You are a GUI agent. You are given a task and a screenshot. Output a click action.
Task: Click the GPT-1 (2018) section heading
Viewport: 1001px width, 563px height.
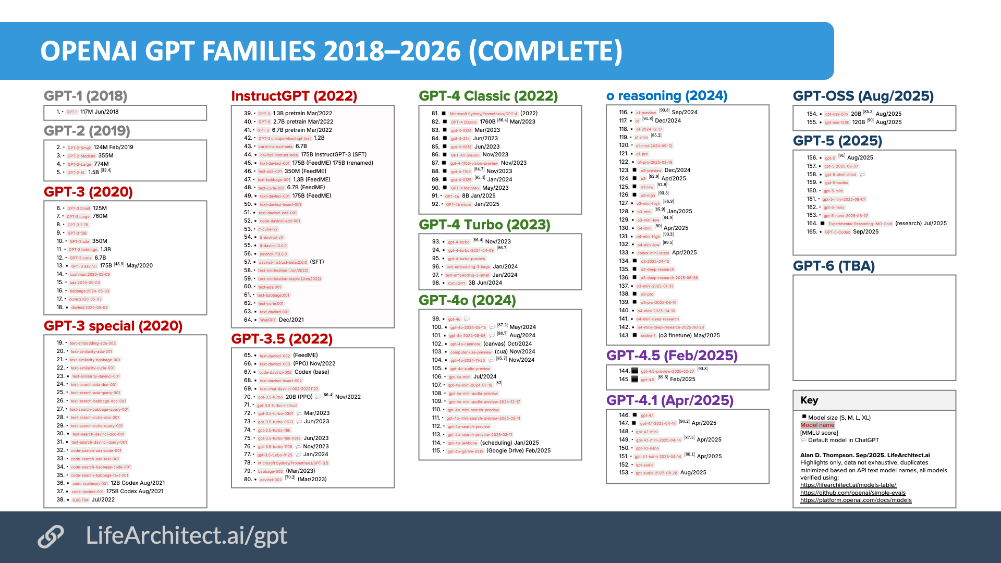(x=86, y=96)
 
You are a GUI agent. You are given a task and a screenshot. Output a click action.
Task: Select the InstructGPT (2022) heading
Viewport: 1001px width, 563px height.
(x=294, y=96)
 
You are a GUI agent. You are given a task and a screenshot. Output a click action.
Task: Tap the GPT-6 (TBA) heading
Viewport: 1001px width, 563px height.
(x=834, y=266)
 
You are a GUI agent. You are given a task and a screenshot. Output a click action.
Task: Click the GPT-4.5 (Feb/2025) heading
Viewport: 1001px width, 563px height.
(x=672, y=356)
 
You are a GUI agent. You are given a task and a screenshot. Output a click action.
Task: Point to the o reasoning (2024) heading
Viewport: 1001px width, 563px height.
(x=667, y=96)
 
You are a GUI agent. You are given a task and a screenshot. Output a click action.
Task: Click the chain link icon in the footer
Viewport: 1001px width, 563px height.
(x=51, y=536)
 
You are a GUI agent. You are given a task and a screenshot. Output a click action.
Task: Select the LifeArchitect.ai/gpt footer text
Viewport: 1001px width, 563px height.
(x=187, y=535)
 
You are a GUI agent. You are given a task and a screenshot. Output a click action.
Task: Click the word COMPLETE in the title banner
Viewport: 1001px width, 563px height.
(x=545, y=51)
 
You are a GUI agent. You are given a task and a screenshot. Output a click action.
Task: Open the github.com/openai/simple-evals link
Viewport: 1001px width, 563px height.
(x=853, y=493)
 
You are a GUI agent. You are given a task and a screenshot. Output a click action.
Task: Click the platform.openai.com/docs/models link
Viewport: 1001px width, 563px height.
(x=856, y=500)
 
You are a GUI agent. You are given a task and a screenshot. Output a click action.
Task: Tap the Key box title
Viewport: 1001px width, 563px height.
(x=809, y=400)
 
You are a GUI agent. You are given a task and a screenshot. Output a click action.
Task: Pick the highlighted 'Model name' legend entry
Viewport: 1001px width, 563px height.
(x=817, y=425)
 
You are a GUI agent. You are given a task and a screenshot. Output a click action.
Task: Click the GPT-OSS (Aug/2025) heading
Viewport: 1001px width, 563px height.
(x=863, y=96)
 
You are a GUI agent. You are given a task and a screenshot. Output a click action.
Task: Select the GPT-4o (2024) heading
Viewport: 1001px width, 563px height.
(x=467, y=300)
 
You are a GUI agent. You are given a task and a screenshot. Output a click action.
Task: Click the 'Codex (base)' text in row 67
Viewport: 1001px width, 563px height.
(x=312, y=372)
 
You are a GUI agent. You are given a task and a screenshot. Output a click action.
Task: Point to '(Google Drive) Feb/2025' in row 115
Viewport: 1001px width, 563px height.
(x=518, y=450)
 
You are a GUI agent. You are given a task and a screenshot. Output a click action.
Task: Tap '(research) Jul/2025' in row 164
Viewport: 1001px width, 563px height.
(x=921, y=223)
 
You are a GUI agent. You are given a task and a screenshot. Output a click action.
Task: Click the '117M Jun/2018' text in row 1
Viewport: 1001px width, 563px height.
(x=99, y=112)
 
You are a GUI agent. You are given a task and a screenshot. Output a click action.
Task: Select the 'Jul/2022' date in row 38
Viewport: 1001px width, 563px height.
(x=103, y=499)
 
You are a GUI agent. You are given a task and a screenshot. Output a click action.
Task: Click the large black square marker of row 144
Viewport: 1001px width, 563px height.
(x=634, y=371)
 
